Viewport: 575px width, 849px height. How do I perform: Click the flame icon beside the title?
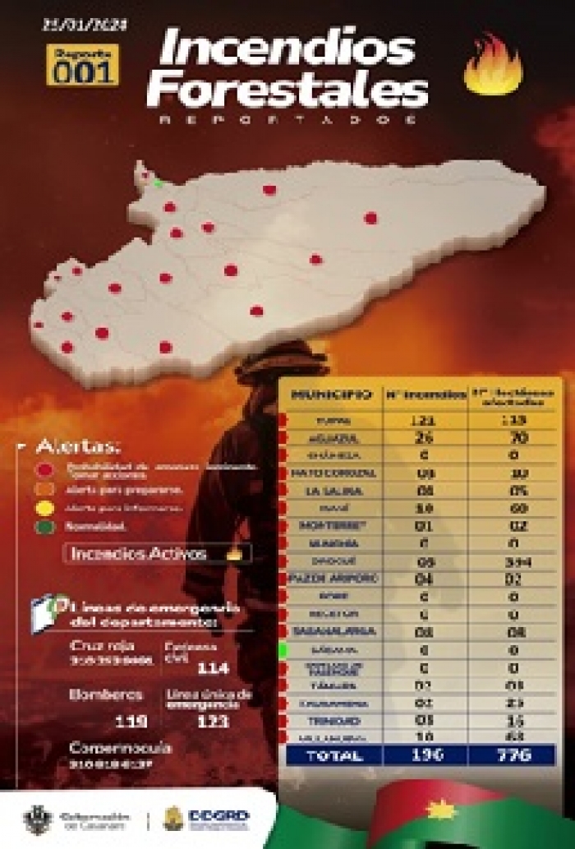coord(493,66)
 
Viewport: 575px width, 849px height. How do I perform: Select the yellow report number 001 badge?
coord(82,66)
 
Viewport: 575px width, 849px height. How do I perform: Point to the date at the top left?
coord(85,25)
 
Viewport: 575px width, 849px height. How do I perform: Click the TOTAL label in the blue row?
coord(334,755)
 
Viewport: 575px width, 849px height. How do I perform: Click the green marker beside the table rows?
coord(283,651)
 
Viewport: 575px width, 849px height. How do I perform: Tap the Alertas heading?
coord(77,446)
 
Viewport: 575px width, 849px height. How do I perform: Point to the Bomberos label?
coord(107,695)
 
